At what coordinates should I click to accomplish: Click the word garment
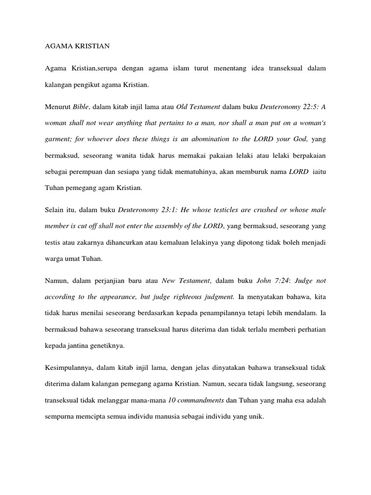click(x=57, y=139)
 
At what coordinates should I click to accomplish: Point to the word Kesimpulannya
click(x=67, y=368)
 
